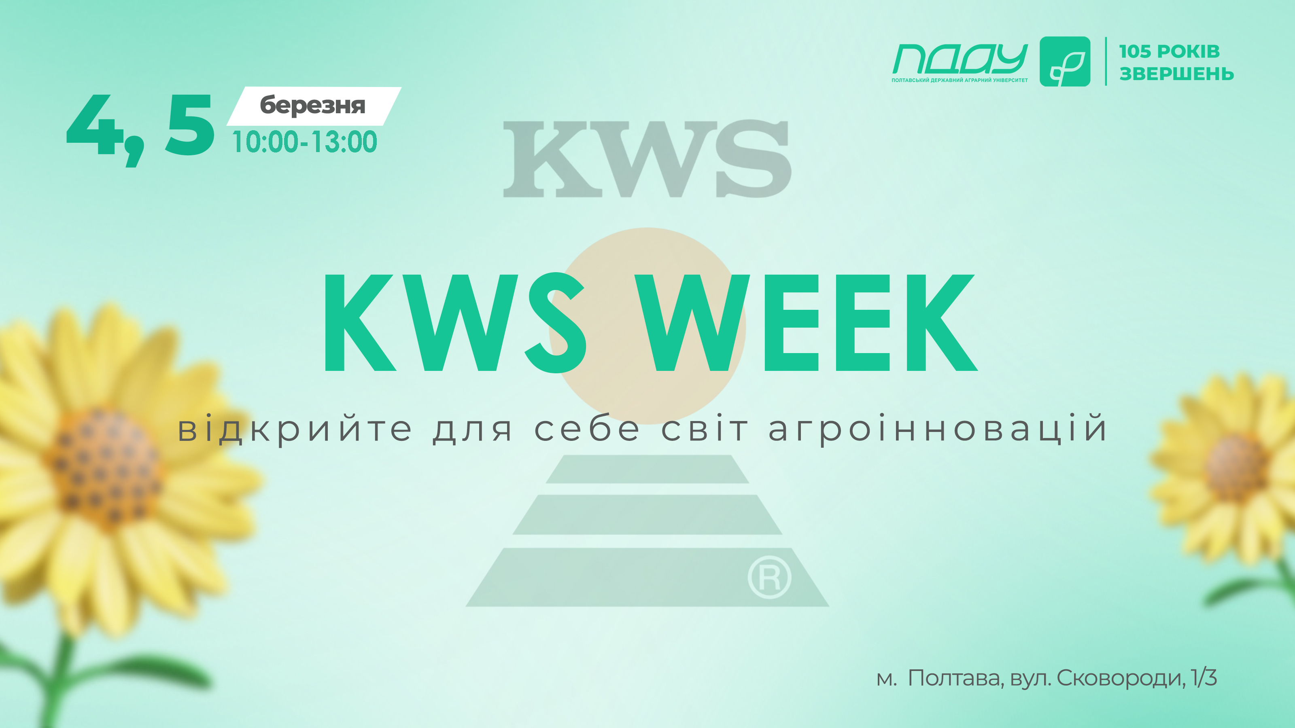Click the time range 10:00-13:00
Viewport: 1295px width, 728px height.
(x=304, y=141)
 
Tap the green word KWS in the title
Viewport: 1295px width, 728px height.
(x=455, y=323)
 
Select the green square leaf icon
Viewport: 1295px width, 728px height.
(x=1065, y=61)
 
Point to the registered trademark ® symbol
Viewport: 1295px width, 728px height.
(x=769, y=577)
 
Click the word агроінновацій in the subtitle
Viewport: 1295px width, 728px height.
(x=937, y=429)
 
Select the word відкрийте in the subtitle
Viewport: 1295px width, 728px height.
(x=295, y=429)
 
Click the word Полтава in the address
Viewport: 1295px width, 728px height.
(x=955, y=678)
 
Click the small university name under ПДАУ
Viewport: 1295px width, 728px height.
(x=960, y=80)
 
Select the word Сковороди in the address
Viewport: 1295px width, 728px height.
(x=1121, y=678)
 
